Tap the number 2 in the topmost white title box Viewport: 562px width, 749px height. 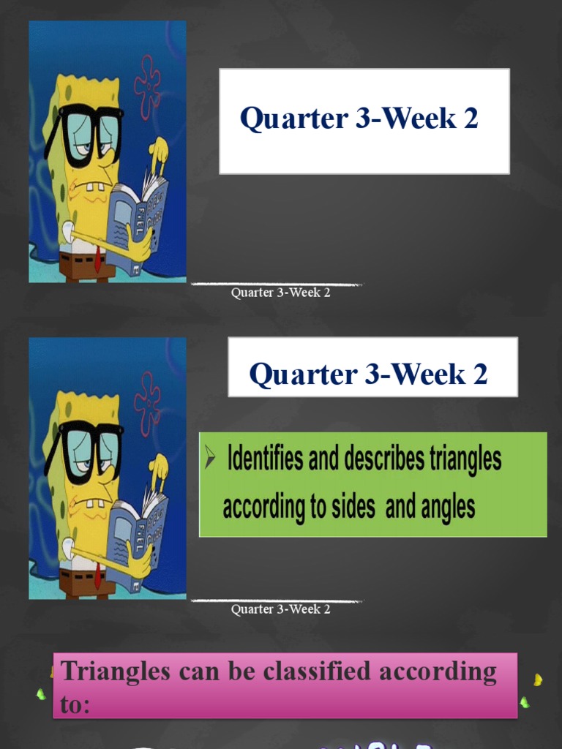pos(470,118)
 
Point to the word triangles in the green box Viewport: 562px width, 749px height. pos(465,459)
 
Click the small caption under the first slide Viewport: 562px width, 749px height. pos(280,293)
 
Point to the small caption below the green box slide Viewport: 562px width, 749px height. pos(280,609)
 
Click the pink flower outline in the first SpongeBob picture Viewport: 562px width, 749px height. pos(147,86)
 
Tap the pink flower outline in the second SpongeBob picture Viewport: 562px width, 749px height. pos(147,402)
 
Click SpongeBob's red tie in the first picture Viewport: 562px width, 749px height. pos(97,260)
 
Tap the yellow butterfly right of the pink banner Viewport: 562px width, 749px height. pos(538,680)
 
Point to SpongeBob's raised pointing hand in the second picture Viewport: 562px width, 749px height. pos(157,465)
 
